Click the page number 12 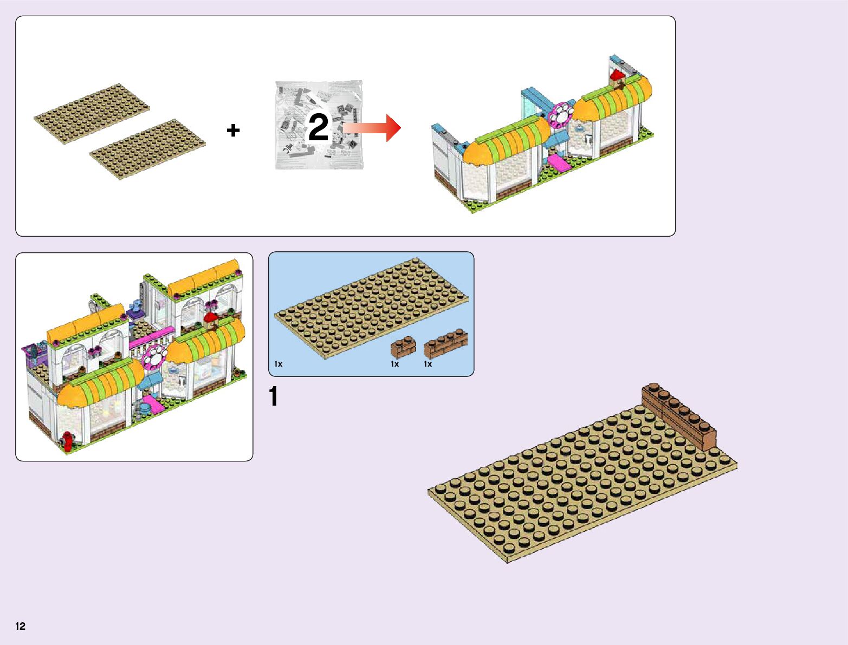(21, 627)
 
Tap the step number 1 (274, 396)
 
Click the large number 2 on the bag (319, 128)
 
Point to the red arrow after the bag (374, 128)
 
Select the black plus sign (233, 130)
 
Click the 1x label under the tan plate (279, 364)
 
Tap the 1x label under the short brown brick (394, 364)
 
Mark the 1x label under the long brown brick (428, 364)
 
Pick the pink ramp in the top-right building (558, 162)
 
